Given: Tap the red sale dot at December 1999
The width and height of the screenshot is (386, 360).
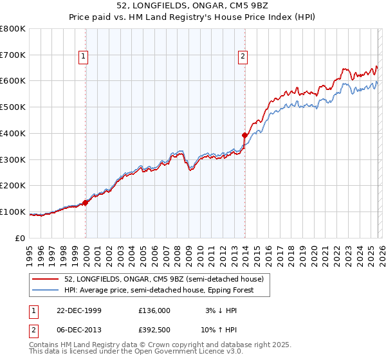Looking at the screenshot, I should pos(86,203).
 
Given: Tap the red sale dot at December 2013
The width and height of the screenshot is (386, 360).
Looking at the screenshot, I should pos(244,135).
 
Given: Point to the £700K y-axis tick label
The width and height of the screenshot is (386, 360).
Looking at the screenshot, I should pos(13,55).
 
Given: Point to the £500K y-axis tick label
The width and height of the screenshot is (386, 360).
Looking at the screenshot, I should pos(13,107).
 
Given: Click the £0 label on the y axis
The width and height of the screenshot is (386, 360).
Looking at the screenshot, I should pos(21,238).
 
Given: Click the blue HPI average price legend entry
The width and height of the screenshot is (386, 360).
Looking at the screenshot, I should pos(159,290).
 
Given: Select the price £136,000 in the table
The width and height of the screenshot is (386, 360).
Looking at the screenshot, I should pos(154,310).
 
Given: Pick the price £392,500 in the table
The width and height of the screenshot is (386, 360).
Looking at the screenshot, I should pos(154,330).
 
